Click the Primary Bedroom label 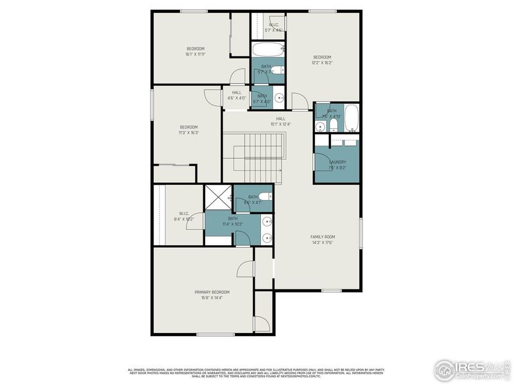click(x=212, y=292)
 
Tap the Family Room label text click(x=323, y=237)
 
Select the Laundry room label click(x=337, y=162)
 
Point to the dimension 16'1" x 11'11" click(x=195, y=55)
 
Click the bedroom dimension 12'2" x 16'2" click(x=322, y=63)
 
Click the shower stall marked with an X click(x=218, y=197)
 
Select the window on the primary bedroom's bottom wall click(x=215, y=334)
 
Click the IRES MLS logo click(x=471, y=369)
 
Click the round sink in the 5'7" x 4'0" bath click(x=278, y=98)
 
